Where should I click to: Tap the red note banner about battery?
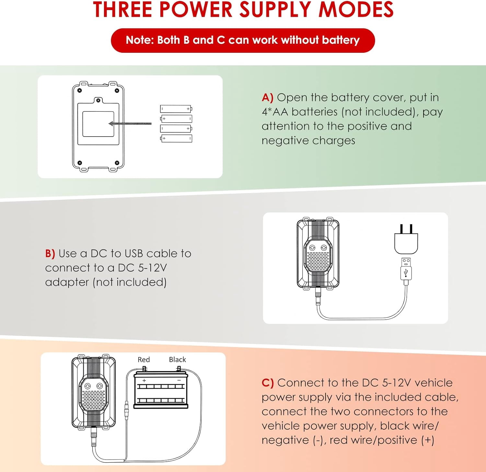click(x=243, y=40)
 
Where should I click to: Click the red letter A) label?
click(x=268, y=97)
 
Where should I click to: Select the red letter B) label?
click(x=50, y=253)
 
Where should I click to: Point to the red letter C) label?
click(x=268, y=383)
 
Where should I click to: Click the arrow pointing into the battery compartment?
click(x=130, y=124)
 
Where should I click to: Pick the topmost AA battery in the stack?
click(x=176, y=109)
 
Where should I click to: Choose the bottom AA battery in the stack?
click(x=176, y=139)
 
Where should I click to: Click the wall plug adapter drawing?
click(x=406, y=240)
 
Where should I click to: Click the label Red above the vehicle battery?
click(x=144, y=360)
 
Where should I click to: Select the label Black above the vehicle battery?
click(x=178, y=360)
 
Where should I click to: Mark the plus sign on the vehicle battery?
click(x=144, y=380)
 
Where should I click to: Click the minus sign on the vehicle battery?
click(x=179, y=380)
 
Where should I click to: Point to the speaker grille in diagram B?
click(x=318, y=262)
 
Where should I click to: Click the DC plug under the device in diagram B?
click(x=318, y=297)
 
